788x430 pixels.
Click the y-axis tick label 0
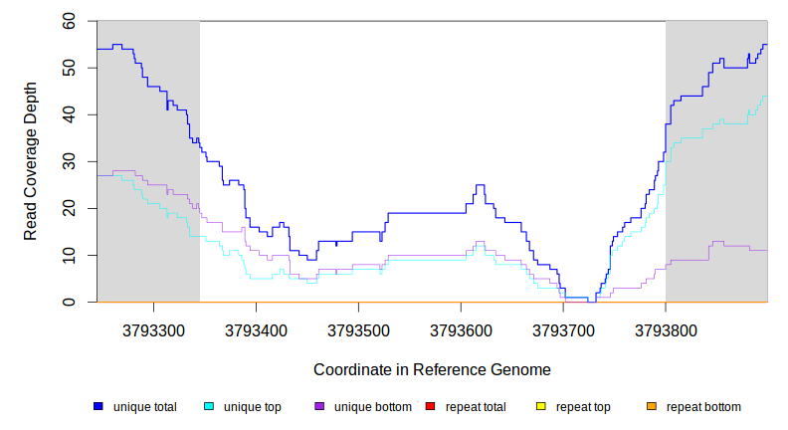click(73, 302)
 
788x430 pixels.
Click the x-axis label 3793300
click(153, 328)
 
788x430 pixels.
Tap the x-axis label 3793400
click(256, 328)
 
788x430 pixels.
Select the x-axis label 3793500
click(358, 328)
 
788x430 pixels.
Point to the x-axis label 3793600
click(461, 328)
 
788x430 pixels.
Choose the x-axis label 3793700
click(563, 328)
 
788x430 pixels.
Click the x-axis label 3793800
click(666, 328)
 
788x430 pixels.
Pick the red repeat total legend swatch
click(430, 407)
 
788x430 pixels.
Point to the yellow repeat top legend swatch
click(541, 407)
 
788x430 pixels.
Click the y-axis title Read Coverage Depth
click(31, 161)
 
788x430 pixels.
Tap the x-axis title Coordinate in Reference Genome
click(432, 369)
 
